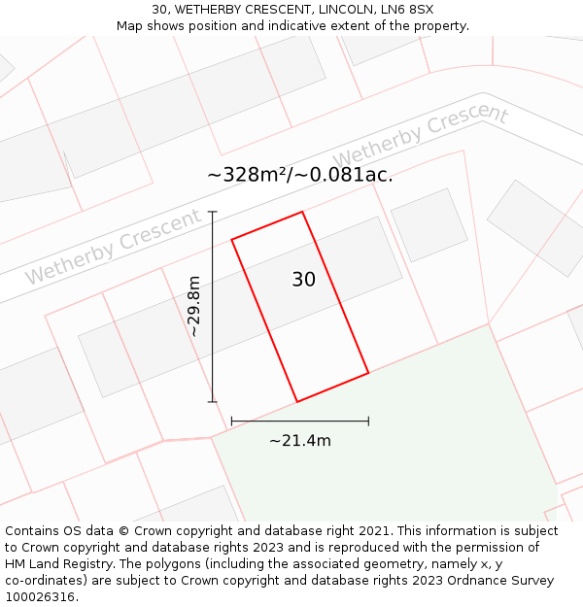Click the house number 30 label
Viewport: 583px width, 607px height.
303,280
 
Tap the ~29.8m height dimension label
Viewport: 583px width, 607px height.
193,306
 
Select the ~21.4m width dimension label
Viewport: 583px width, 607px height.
299,441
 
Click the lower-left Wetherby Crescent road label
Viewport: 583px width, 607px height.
113,247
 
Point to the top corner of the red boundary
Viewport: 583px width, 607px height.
302,212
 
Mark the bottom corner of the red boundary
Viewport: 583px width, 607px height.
296,401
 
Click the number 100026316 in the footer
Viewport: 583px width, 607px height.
39,596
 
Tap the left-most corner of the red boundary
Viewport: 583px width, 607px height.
231,239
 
